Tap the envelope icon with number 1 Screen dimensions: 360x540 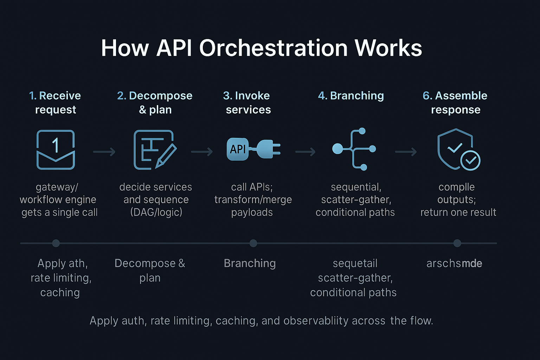[x=56, y=150]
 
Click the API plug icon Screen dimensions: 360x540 [x=253, y=149]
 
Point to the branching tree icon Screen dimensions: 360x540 [x=354, y=149]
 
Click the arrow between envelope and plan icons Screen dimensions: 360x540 [x=104, y=152]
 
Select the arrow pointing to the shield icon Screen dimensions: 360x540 [x=406, y=152]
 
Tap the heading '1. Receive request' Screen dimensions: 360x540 [x=55, y=102]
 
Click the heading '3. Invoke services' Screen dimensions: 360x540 [x=248, y=102]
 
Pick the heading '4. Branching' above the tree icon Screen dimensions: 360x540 [x=351, y=96]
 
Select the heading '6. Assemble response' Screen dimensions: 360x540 [x=455, y=102]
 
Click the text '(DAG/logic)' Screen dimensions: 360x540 [x=156, y=212]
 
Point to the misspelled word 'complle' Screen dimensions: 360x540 [x=456, y=187]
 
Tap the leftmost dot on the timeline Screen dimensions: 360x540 [x=56, y=243]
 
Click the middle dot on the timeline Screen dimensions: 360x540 [x=253, y=243]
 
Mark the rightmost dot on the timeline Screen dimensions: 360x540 [x=457, y=243]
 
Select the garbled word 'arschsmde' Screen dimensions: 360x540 [x=454, y=263]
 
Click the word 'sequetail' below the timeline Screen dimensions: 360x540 [x=355, y=263]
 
